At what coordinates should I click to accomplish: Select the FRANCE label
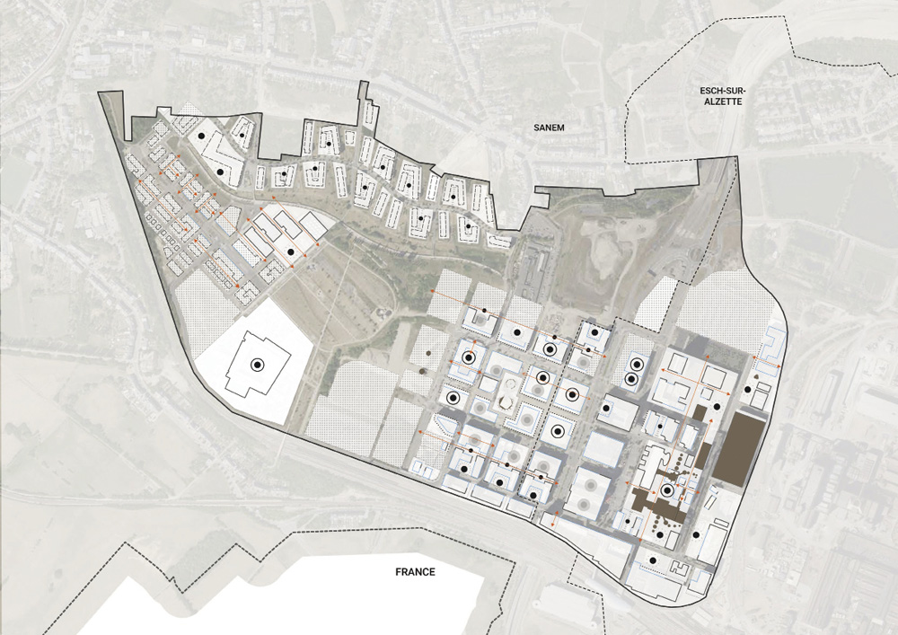coord(415,572)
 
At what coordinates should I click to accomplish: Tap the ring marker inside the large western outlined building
coord(257,365)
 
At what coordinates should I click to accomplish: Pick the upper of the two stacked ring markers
coord(637,365)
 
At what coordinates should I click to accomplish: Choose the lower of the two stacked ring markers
coord(631,379)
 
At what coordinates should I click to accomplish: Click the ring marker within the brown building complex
coord(667,490)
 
